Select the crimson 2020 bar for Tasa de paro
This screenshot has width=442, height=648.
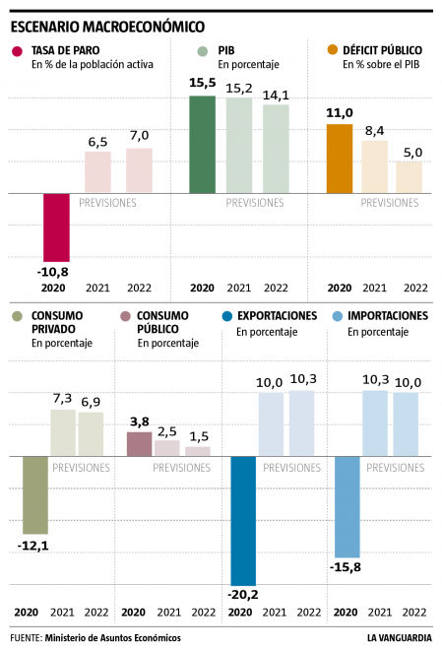tap(56, 227)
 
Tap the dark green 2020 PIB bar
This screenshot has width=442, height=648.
tap(202, 144)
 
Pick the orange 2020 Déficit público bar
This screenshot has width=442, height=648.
tap(340, 159)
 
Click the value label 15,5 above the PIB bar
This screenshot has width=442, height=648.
tap(202, 86)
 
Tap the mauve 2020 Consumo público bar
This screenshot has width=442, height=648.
tap(140, 443)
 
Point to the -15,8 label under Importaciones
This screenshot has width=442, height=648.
tap(346, 566)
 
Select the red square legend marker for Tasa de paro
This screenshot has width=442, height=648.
tap(18, 51)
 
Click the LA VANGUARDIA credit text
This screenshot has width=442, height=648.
tap(399, 637)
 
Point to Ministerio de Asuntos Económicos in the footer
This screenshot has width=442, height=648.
tap(112, 637)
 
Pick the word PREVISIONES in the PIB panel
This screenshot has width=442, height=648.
tap(255, 203)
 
